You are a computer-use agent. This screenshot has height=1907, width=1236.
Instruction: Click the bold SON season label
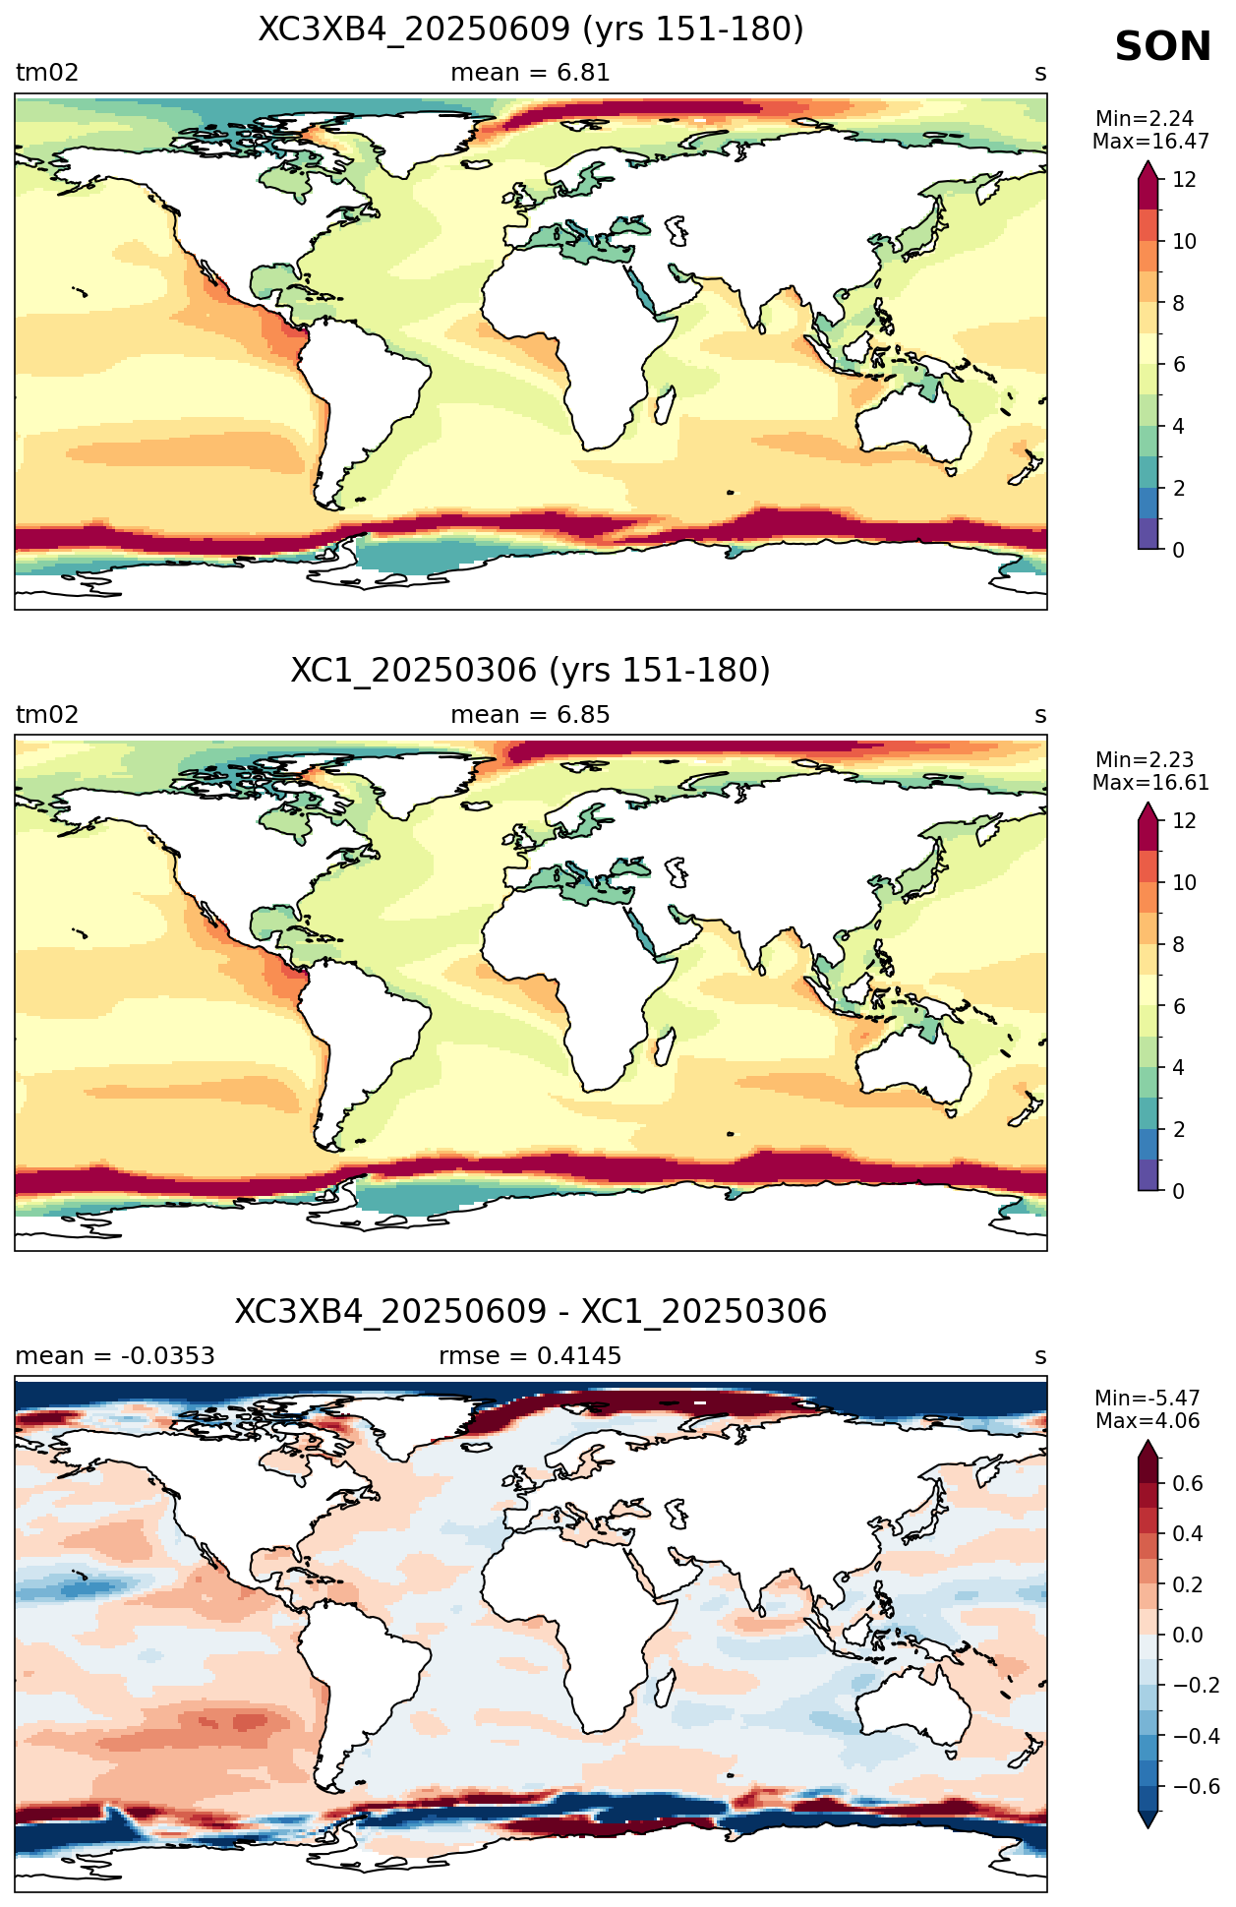click(x=1162, y=47)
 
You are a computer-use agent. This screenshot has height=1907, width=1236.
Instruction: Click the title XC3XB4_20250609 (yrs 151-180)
click(x=531, y=30)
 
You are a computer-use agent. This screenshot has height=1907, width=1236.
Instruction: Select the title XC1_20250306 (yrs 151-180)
click(x=531, y=671)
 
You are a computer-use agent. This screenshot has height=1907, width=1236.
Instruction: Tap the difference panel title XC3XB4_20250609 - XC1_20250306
click(x=531, y=1312)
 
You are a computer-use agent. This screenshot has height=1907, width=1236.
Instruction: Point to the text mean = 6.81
click(x=530, y=73)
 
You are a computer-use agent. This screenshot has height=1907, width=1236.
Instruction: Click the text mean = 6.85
click(x=530, y=715)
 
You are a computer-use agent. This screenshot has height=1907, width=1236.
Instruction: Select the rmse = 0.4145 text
click(x=530, y=1356)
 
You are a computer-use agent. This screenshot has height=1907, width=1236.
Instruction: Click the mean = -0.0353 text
click(x=115, y=1356)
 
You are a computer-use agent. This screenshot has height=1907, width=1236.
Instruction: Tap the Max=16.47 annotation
click(x=1150, y=142)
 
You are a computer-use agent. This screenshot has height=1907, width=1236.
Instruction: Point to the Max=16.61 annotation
click(x=1150, y=783)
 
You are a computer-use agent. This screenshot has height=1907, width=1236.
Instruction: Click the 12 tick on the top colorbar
click(x=1184, y=180)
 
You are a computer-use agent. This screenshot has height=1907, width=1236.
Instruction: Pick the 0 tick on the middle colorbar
click(x=1178, y=1191)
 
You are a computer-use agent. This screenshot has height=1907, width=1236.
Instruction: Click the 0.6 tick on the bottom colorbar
click(x=1188, y=1484)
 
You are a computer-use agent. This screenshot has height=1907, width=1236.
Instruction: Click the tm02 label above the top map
click(x=47, y=73)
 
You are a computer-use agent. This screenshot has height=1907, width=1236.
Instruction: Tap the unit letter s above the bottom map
click(x=1040, y=1357)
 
